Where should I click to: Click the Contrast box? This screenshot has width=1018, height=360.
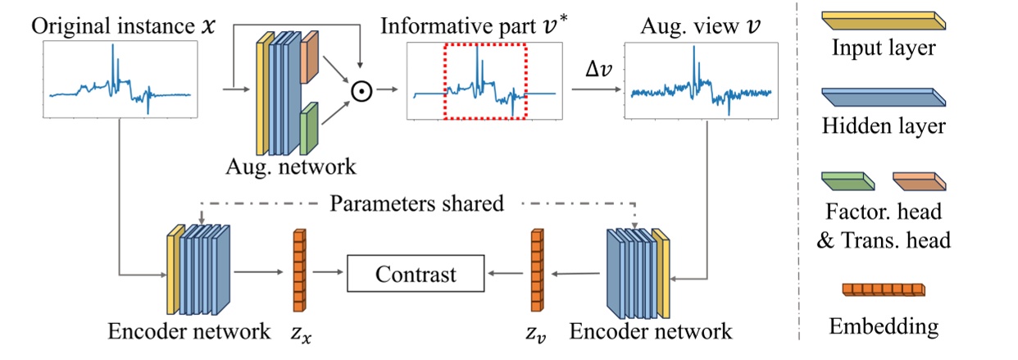click(x=416, y=274)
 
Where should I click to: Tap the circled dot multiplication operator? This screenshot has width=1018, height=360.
click(x=361, y=91)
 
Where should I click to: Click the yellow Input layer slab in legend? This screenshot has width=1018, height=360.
click(x=882, y=21)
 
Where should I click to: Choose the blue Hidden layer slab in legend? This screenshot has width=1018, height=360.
click(x=882, y=98)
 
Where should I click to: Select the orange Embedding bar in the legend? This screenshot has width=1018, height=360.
click(x=882, y=290)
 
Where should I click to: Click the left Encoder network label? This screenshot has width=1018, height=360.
click(x=189, y=331)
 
